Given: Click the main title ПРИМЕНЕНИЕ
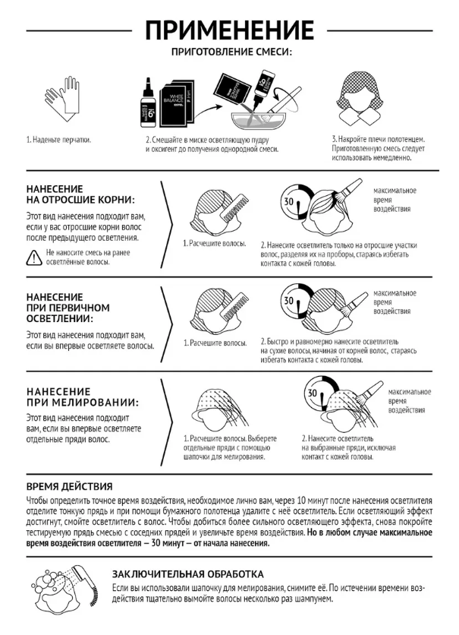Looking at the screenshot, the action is click(x=229, y=30).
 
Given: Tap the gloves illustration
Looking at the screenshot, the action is click(x=61, y=99).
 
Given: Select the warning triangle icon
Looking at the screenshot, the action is click(x=34, y=257).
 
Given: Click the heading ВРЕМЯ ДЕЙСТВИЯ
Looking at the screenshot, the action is click(x=70, y=486).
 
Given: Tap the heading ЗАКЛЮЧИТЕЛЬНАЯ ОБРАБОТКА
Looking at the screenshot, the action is click(x=187, y=573).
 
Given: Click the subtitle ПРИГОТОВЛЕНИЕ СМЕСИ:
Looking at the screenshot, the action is click(x=231, y=52).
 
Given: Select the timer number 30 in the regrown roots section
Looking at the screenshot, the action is click(x=288, y=201).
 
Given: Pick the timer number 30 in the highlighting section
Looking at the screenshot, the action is click(x=313, y=393).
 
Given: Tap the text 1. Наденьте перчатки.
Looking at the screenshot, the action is click(x=58, y=140).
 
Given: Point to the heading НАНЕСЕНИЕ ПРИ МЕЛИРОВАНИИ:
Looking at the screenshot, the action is click(x=83, y=396).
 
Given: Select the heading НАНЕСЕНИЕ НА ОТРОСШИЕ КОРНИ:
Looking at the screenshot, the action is click(x=81, y=194).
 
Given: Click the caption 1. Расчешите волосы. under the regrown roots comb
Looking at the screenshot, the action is click(x=215, y=244).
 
